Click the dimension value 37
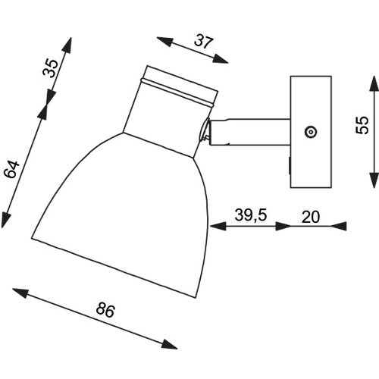point(204,42)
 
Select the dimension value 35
point(50,67)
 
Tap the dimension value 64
point(11,169)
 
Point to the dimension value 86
point(105,310)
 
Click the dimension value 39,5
point(251,215)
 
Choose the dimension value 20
point(311,217)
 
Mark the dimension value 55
point(362,124)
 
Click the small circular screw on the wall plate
point(311,132)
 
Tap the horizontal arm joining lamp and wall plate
point(250,132)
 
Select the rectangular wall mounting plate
point(311,132)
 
